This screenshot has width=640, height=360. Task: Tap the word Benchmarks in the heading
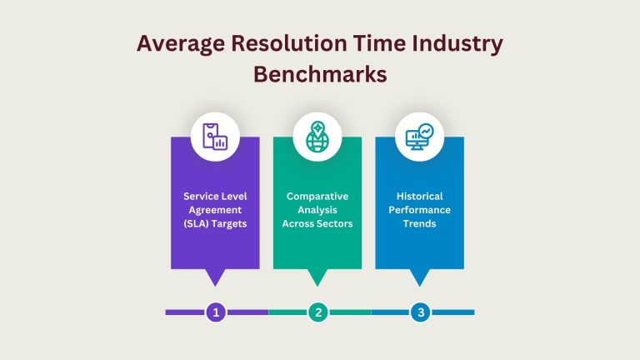(320, 74)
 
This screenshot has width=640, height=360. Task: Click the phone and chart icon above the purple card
(215, 137)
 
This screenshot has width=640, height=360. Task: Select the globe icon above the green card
(317, 137)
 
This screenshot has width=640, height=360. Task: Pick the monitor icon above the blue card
(419, 137)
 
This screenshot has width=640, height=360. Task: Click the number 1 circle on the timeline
(216, 312)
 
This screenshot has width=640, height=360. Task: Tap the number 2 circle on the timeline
(317, 312)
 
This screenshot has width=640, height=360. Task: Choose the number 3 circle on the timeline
(420, 312)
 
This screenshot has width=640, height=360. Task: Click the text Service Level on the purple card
(215, 196)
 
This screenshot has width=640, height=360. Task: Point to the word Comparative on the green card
(317, 196)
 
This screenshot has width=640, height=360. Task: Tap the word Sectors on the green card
(335, 223)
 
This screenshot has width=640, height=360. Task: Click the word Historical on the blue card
(419, 196)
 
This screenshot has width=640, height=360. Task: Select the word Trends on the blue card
(419, 223)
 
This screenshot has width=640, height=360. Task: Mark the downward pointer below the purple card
(215, 277)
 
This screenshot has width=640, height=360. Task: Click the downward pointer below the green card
(317, 277)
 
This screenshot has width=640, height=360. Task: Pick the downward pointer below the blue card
(419, 277)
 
